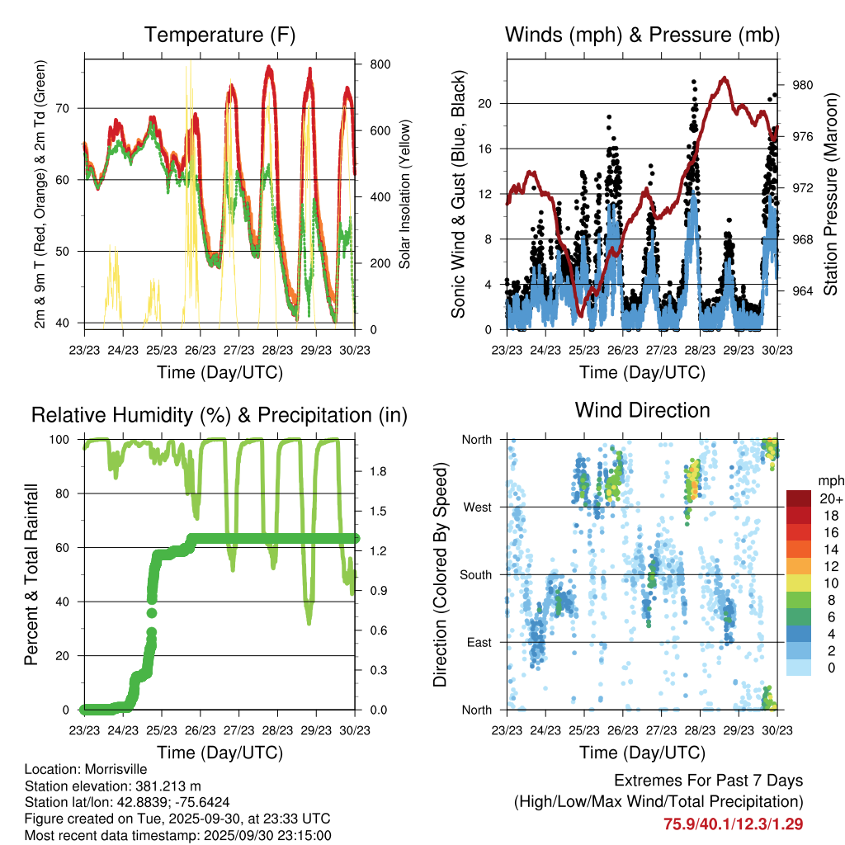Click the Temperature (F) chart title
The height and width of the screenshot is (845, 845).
pos(220,35)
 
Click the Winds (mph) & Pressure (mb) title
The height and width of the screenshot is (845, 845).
pos(642,35)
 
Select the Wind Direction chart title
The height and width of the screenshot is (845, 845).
pos(642,410)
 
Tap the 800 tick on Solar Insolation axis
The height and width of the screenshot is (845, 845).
pos(380,64)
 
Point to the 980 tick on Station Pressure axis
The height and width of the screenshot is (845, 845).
pos(803,85)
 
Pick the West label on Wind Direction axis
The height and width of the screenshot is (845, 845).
pos(476,507)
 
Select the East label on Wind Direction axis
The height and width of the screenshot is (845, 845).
pos(478,642)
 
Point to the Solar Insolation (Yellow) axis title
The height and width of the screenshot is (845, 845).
pos(405,195)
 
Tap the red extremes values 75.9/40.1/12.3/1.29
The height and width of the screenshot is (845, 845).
pos(733,824)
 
